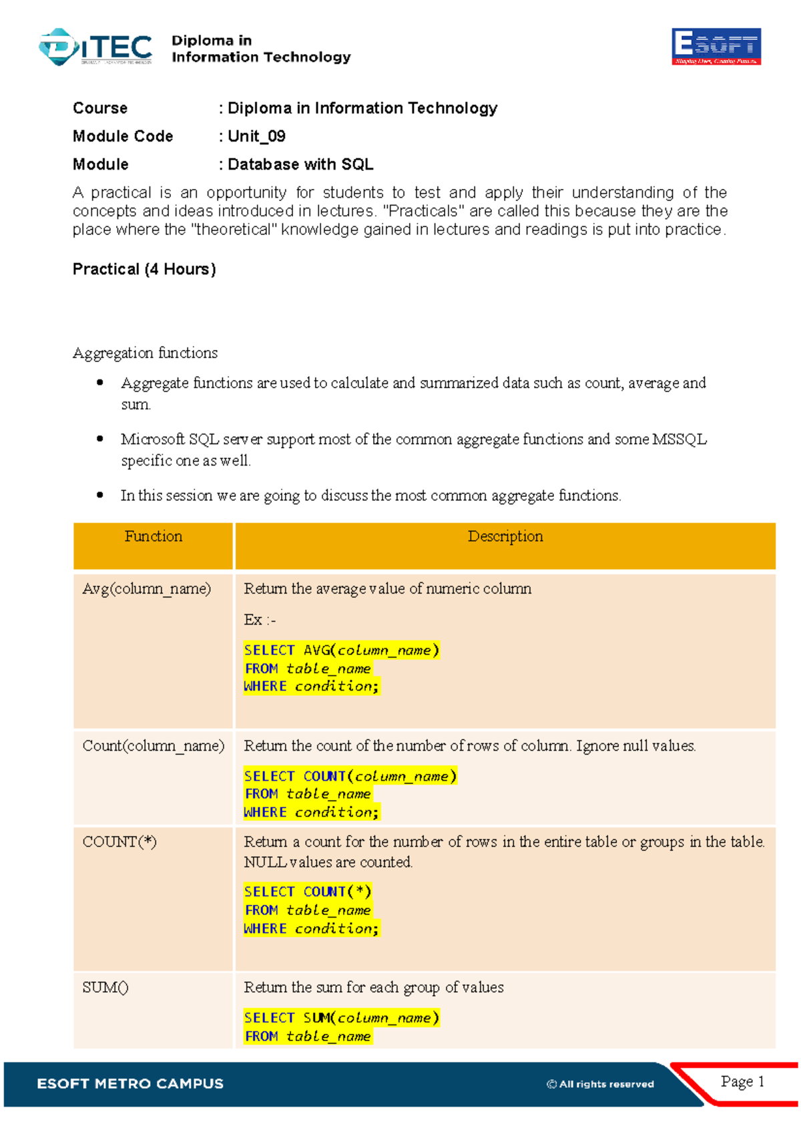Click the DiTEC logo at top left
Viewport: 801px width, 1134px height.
tap(96, 47)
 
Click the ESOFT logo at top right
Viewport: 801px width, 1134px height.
tap(716, 46)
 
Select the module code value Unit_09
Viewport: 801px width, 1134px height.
tap(257, 136)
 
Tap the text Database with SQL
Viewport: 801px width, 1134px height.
tap(300, 164)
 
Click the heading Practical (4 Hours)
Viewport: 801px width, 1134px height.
tap(144, 269)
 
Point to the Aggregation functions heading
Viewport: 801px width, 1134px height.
tap(145, 353)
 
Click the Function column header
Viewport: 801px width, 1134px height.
tap(153, 536)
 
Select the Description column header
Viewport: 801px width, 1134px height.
tap(505, 536)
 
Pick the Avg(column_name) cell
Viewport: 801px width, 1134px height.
tap(146, 588)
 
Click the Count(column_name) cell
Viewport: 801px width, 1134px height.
tap(153, 745)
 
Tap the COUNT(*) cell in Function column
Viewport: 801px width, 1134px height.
tap(119, 841)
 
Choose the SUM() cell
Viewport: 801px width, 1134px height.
tap(105, 987)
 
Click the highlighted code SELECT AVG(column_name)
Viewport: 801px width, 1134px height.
tap(341, 650)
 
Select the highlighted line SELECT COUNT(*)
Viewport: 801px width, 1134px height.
tap(307, 892)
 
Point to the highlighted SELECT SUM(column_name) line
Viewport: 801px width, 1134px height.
tap(341, 1018)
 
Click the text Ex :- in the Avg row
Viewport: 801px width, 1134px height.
tap(260, 620)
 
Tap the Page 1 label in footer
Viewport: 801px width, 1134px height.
tap(742, 1081)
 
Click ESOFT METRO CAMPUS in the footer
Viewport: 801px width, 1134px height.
tap(130, 1084)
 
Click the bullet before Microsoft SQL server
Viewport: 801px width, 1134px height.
tap(100, 439)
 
